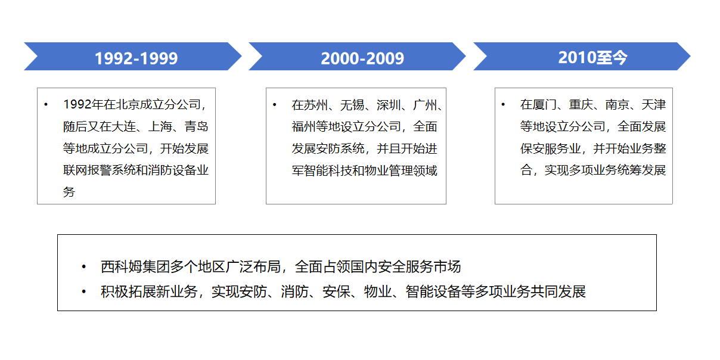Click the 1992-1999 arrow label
(x=136, y=58)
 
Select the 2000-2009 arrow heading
(x=362, y=58)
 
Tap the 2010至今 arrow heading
(x=592, y=58)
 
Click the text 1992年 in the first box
(x=83, y=104)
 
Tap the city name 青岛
(x=197, y=126)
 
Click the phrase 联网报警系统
(x=100, y=170)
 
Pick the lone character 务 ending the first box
(x=69, y=192)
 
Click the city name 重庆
(x=581, y=104)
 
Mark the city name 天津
(x=654, y=104)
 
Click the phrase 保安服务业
(x=551, y=148)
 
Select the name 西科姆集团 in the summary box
(x=135, y=267)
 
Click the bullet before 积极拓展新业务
(x=84, y=291)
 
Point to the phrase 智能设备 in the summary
(x=433, y=291)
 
